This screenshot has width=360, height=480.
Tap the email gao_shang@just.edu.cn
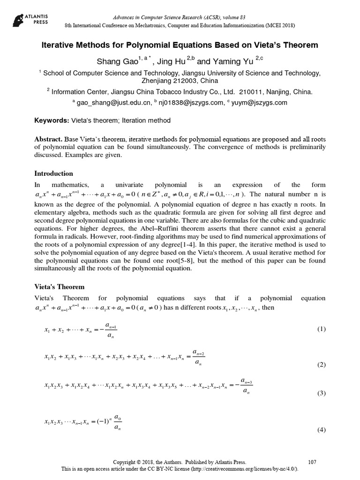[x=112, y=103]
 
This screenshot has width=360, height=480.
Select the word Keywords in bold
[x=52, y=120]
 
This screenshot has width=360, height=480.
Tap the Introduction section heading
[x=54, y=173]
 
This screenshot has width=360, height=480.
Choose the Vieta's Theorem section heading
[x=60, y=286]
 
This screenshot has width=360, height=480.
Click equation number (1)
[x=321, y=329]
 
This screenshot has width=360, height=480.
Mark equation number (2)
[x=321, y=365]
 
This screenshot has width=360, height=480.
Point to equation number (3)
[x=321, y=393]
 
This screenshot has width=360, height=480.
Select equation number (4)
[x=321, y=429]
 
